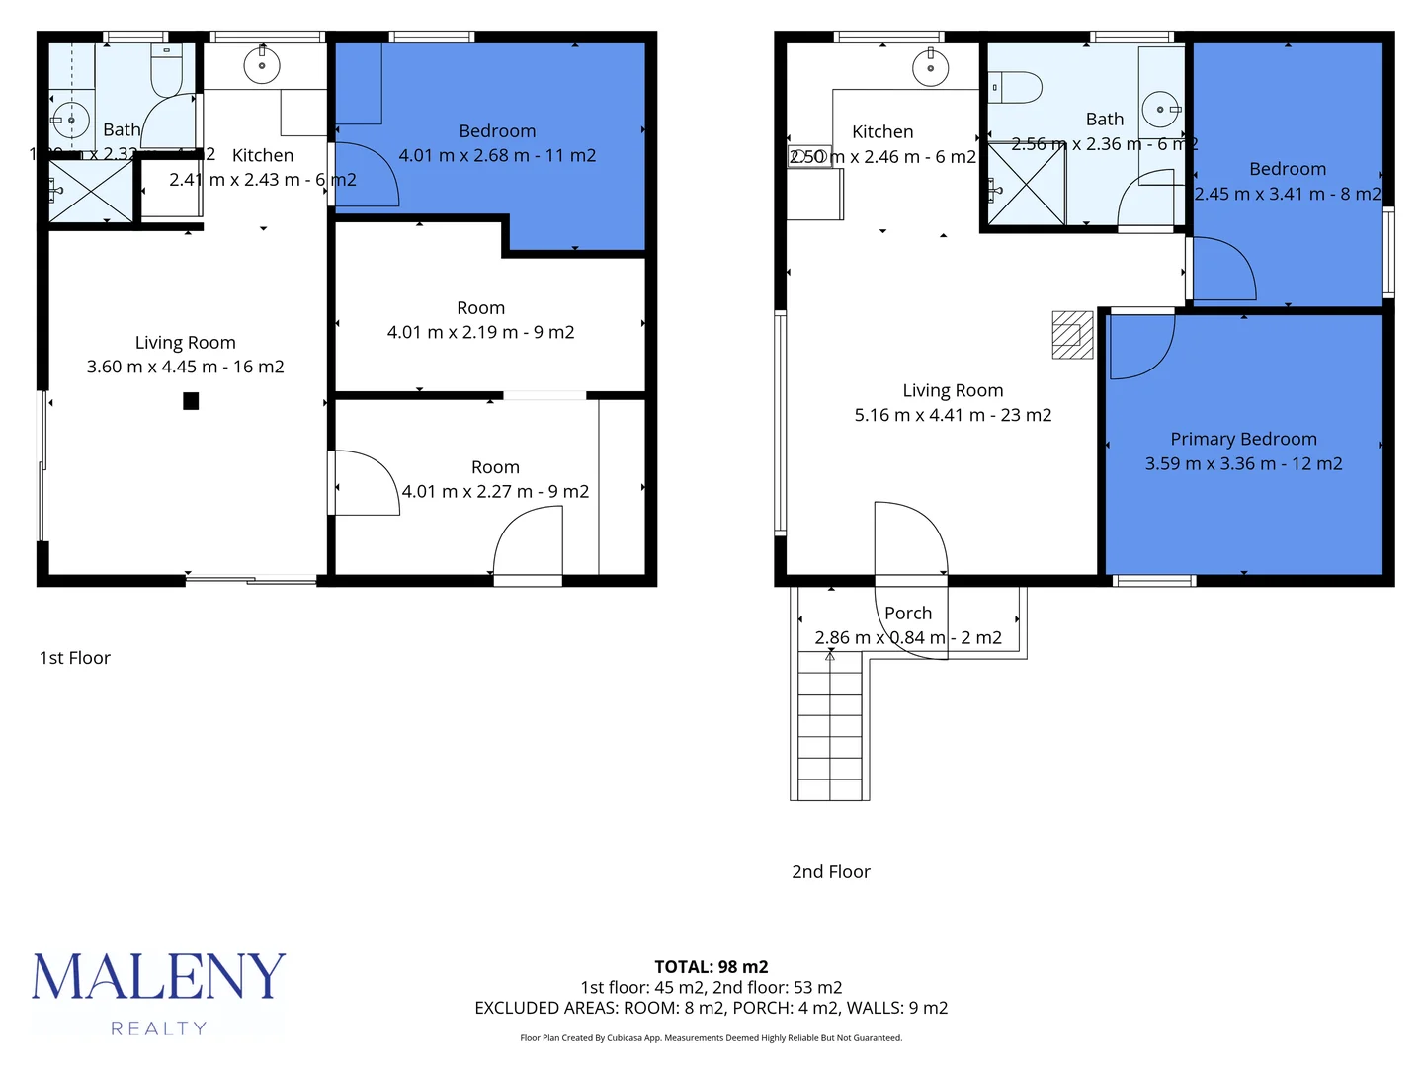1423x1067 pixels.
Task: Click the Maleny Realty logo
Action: [158, 992]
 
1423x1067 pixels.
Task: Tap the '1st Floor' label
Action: [75, 658]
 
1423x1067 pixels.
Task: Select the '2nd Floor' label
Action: [830, 871]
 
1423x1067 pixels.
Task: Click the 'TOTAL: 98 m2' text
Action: [711, 967]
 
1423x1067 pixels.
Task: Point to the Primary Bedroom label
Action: [1243, 439]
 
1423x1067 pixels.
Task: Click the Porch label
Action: [907, 613]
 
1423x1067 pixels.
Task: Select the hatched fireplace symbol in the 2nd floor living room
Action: [1072, 335]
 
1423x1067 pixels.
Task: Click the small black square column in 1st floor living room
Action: [191, 401]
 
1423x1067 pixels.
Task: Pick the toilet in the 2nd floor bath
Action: [1017, 88]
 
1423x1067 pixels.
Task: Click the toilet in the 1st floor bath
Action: [166, 70]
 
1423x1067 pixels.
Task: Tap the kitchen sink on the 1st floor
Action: [262, 66]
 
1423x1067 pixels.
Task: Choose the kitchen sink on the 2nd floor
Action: [930, 67]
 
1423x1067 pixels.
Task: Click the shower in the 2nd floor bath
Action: [1026, 184]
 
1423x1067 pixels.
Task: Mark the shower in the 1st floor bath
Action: [91, 191]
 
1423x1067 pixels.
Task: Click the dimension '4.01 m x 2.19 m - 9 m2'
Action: [480, 332]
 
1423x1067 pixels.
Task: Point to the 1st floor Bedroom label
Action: [497, 131]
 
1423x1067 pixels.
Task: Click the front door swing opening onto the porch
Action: [909, 538]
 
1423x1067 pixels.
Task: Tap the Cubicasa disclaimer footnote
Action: [711, 1038]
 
